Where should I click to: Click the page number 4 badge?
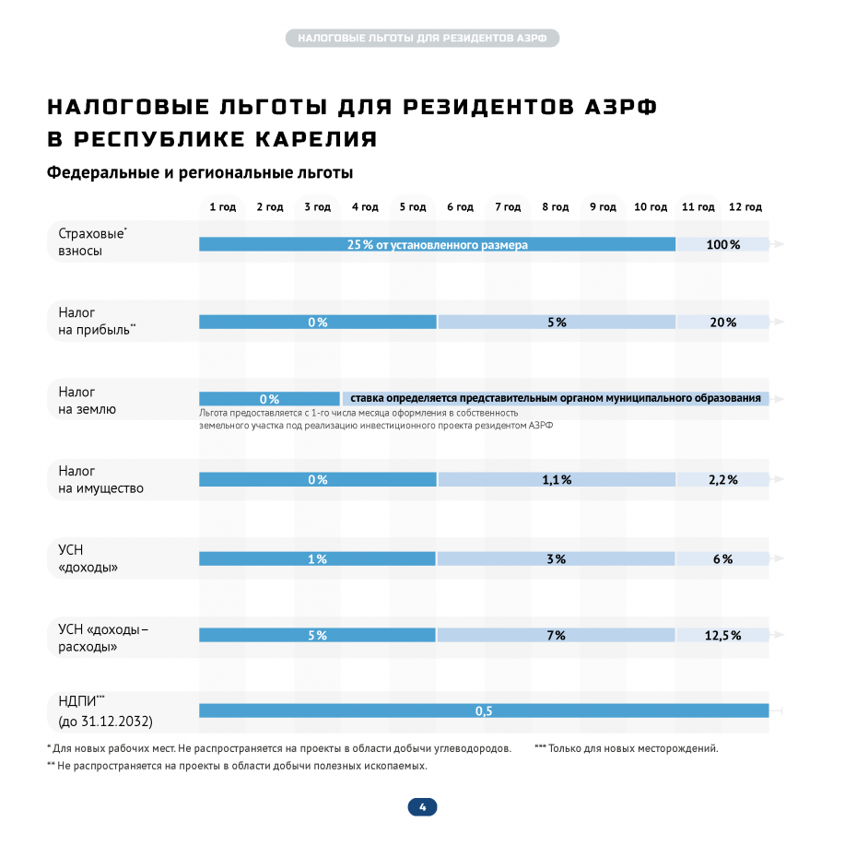422,807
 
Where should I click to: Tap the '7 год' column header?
508,207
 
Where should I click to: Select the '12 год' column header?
745,207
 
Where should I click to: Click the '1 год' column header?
223,207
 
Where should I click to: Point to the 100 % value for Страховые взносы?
722,244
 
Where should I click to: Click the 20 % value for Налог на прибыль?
722,322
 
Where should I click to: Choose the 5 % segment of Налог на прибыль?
556,322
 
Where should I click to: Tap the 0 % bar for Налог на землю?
269,399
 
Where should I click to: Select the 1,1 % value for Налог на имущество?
556,479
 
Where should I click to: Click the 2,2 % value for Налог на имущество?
722,479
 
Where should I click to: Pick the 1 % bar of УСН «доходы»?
318,558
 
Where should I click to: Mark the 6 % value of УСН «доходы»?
722,558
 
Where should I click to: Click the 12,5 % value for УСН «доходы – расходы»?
722,635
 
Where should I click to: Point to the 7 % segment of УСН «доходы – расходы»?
556,635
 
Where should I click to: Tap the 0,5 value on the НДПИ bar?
484,710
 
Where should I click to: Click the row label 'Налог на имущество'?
95,479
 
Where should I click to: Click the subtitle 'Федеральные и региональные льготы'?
200,172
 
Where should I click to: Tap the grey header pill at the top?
422,39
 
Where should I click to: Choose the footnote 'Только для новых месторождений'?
632,748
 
